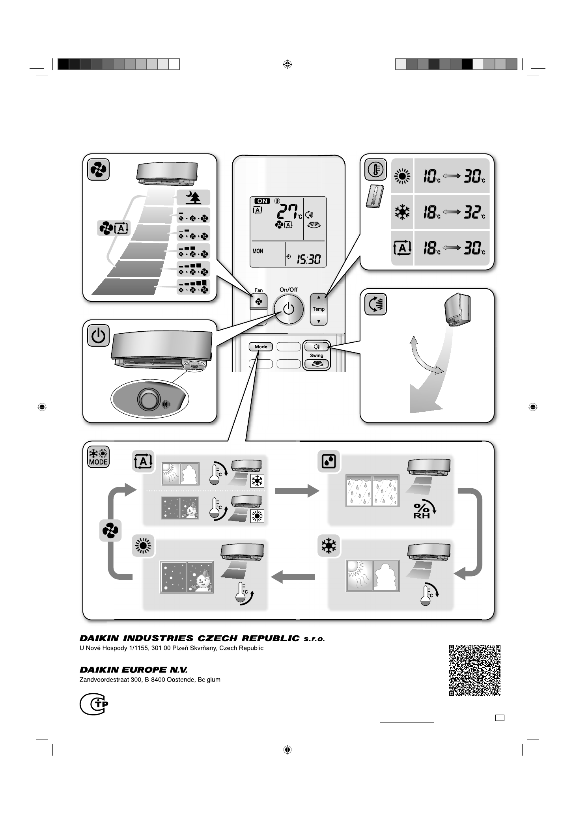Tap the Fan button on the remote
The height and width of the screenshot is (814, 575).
point(258,302)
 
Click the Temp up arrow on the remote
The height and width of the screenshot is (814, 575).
point(319,297)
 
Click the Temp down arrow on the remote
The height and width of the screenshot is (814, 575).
point(319,321)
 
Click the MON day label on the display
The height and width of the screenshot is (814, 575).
point(258,251)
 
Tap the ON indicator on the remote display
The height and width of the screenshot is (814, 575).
point(261,201)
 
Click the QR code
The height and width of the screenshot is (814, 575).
point(475,670)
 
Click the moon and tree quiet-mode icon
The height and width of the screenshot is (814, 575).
point(193,197)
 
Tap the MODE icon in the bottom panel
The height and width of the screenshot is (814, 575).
point(98,457)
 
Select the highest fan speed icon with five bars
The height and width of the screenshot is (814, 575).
point(193,287)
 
